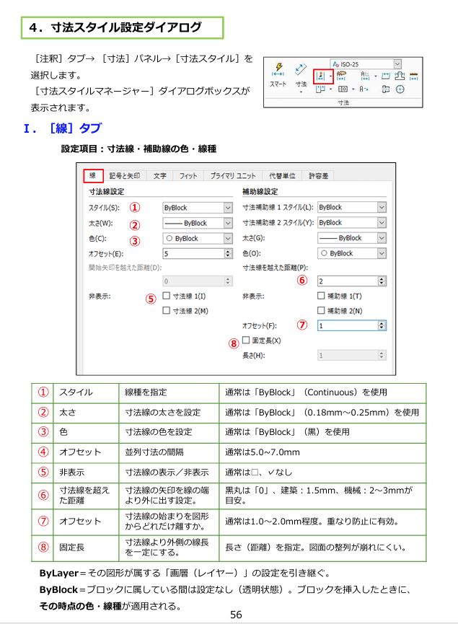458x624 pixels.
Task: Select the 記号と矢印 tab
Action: [x=125, y=175]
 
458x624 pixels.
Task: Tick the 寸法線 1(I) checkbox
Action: [x=167, y=296]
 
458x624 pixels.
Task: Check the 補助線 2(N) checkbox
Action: [x=322, y=310]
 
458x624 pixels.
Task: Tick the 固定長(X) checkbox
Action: [x=247, y=340]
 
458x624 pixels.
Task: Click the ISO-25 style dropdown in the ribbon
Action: [x=366, y=63]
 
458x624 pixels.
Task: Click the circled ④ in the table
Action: [x=44, y=452]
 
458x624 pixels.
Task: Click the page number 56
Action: [x=235, y=614]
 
